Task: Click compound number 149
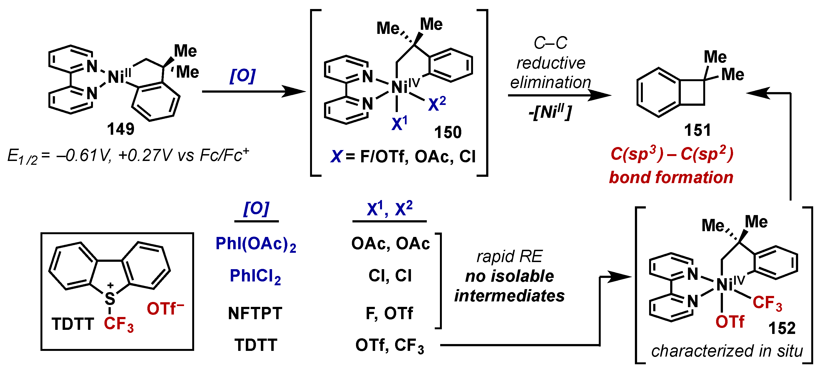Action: click(121, 129)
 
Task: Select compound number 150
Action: click(448, 132)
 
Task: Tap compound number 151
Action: click(697, 130)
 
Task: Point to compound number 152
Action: click(781, 328)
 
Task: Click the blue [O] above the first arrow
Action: click(242, 76)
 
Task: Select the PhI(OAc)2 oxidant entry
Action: click(256, 244)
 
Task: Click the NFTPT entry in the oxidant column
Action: click(255, 313)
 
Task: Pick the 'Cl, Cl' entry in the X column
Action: click(390, 275)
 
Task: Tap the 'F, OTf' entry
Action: click(389, 313)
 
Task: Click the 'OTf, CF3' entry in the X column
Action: click(390, 346)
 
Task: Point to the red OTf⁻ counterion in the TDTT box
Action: click(165, 309)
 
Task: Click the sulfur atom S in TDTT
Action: click(110, 299)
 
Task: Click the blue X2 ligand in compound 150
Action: click(436, 104)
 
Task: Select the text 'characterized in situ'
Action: click(727, 351)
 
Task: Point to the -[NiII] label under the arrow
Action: click(550, 112)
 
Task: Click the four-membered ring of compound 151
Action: click(692, 92)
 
